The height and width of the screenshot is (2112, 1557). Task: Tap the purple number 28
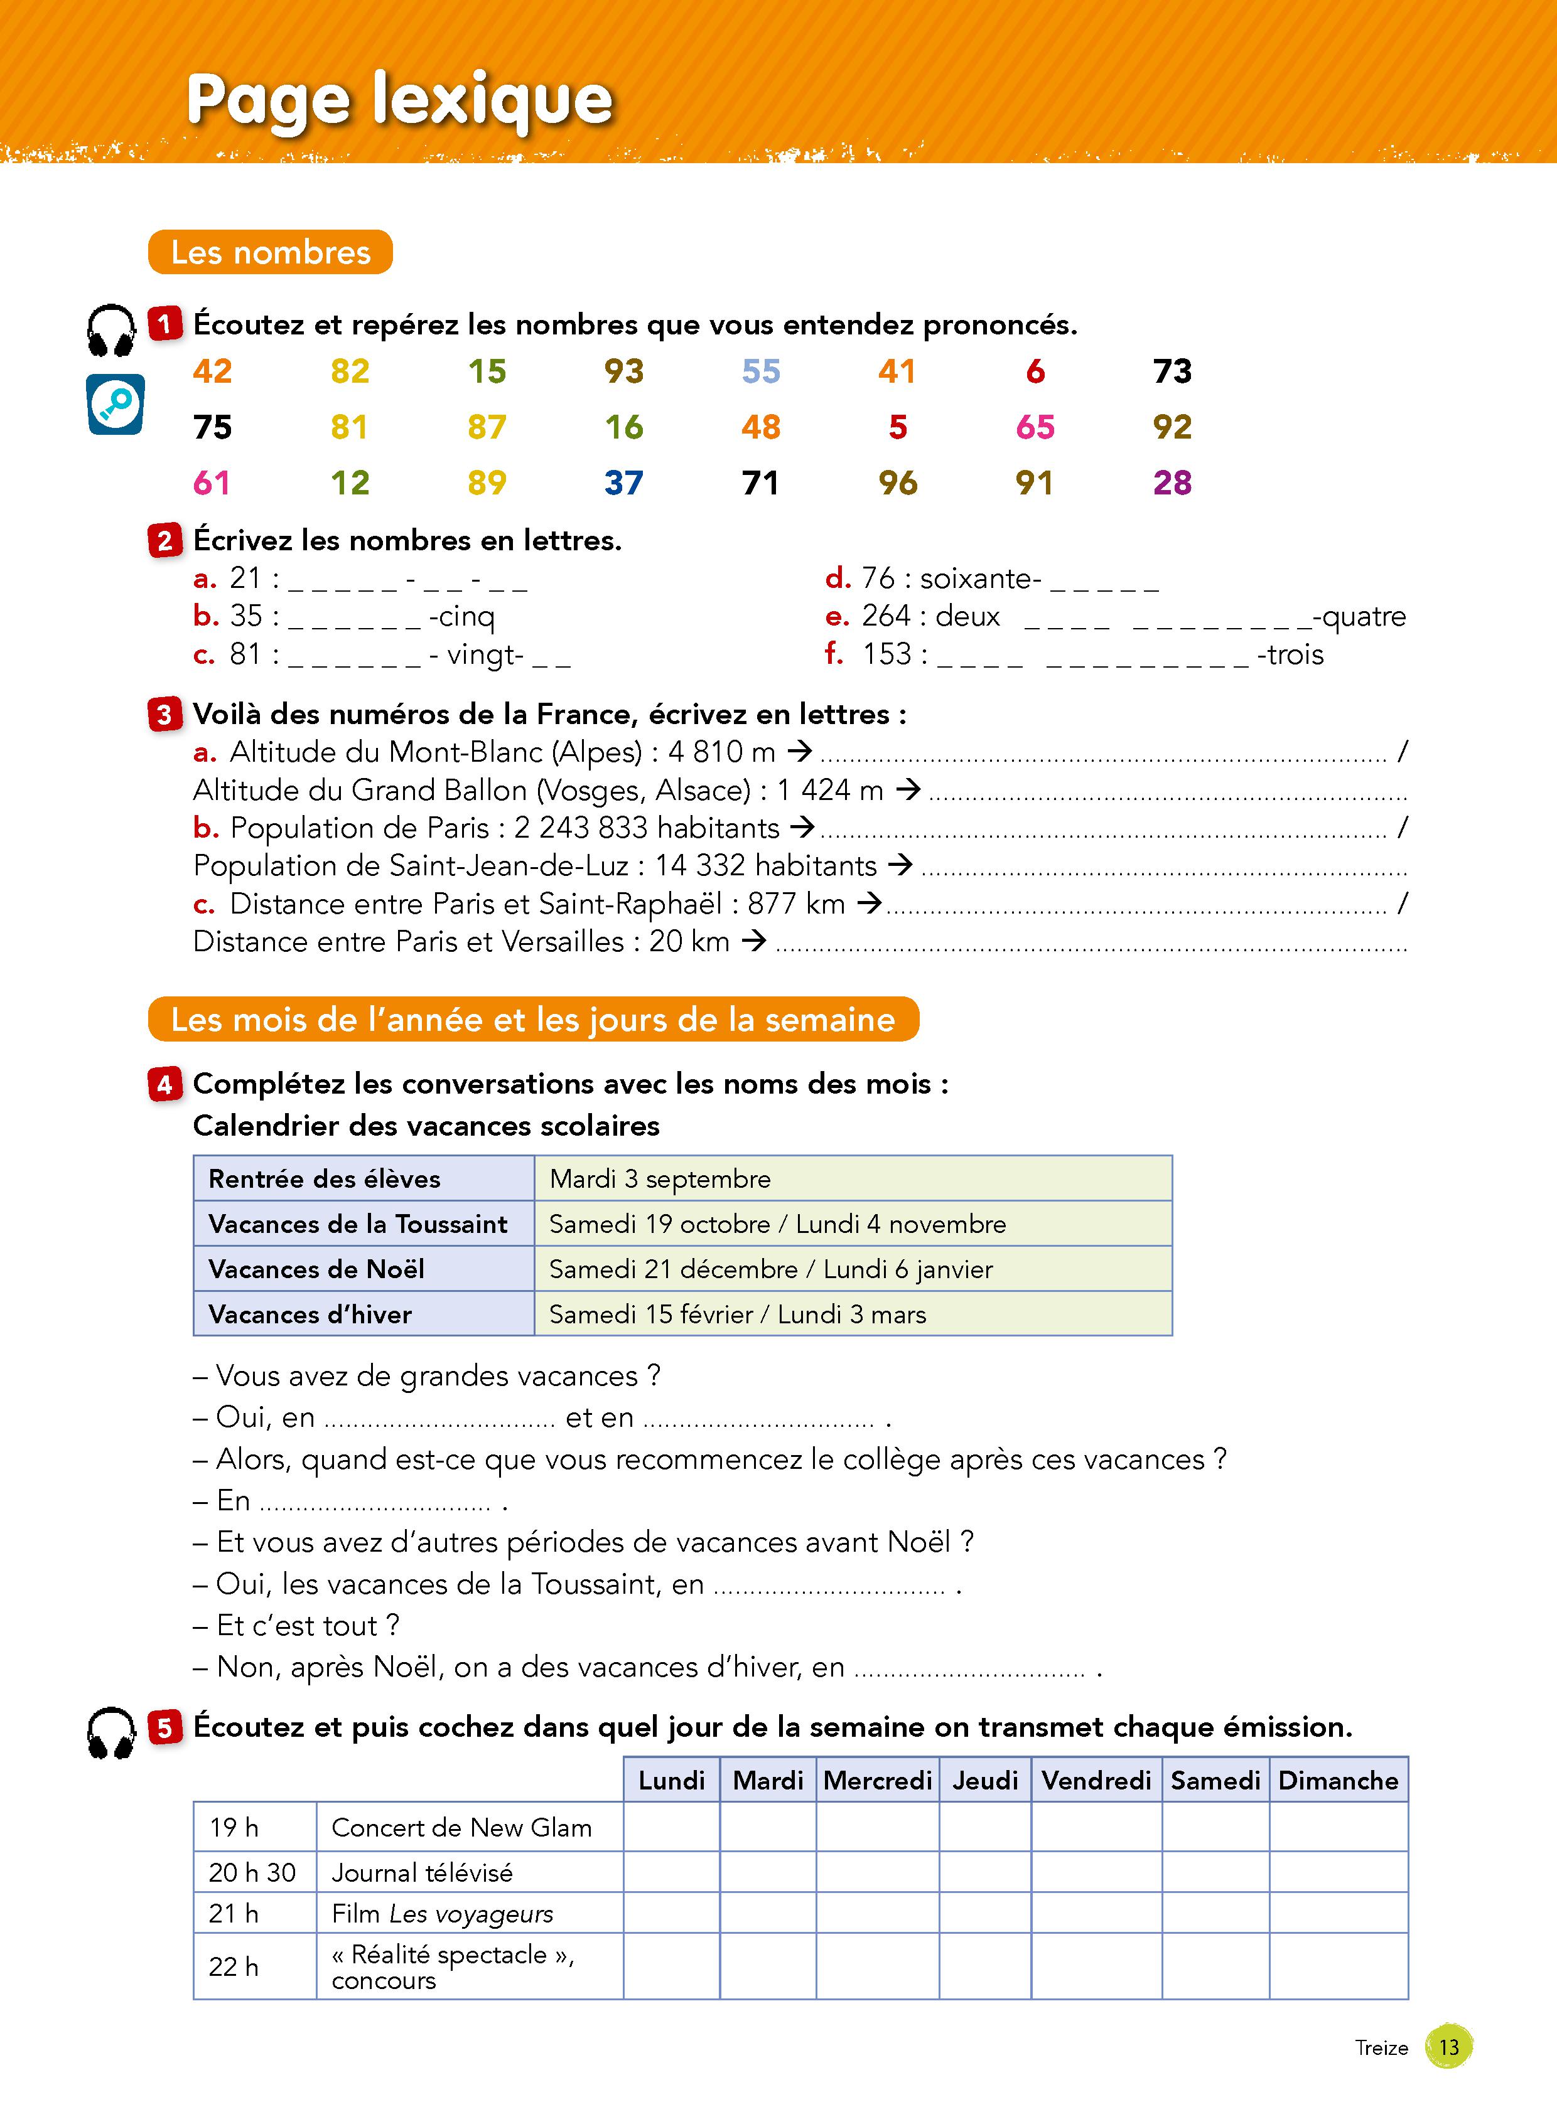coord(1172,483)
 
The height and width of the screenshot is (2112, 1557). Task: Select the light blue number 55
coord(760,371)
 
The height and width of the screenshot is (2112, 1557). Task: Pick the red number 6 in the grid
coord(1035,371)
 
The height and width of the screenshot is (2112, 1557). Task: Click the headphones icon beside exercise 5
coord(111,1733)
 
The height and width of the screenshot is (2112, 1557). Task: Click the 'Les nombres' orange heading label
coord(271,252)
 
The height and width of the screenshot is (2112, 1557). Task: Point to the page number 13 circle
coord(1448,2047)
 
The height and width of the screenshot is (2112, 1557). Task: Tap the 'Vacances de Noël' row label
coord(316,1269)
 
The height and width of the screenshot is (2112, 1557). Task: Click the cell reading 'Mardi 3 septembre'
coord(660,1178)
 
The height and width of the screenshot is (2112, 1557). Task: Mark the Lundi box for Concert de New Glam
coord(671,1828)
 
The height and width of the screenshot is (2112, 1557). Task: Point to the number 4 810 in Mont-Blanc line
coord(705,752)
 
